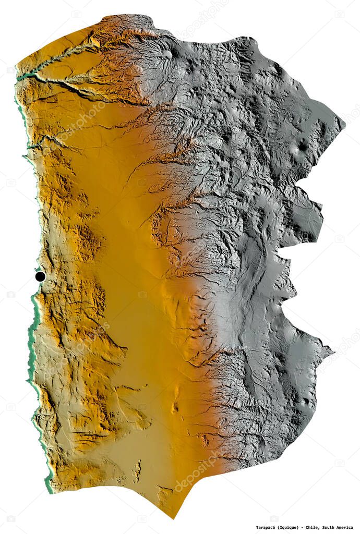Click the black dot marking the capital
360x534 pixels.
[x=40, y=276]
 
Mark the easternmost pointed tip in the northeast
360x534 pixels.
[x=344, y=124]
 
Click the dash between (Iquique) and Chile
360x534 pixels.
[x=305, y=527]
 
